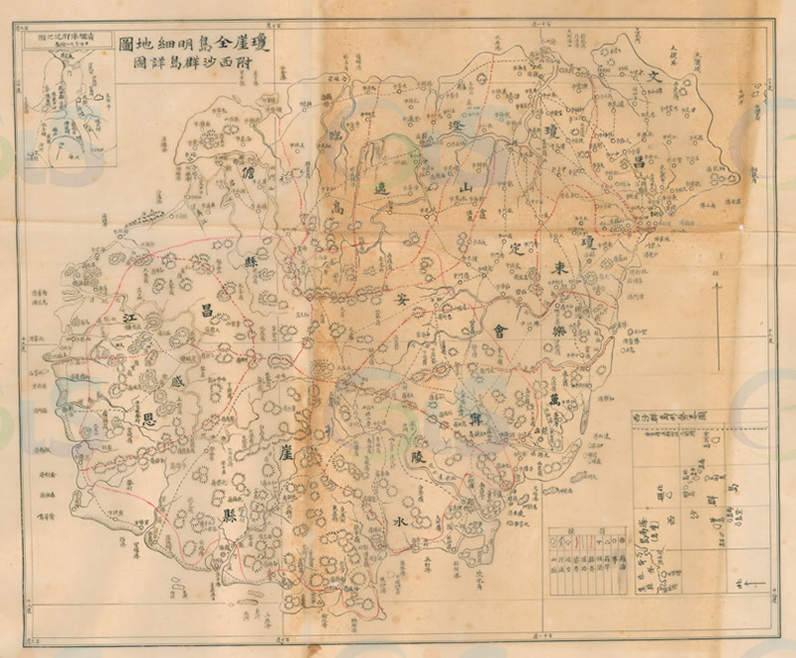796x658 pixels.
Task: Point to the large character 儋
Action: point(248,171)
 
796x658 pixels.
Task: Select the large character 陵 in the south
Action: point(418,457)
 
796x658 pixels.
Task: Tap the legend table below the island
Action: point(589,550)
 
